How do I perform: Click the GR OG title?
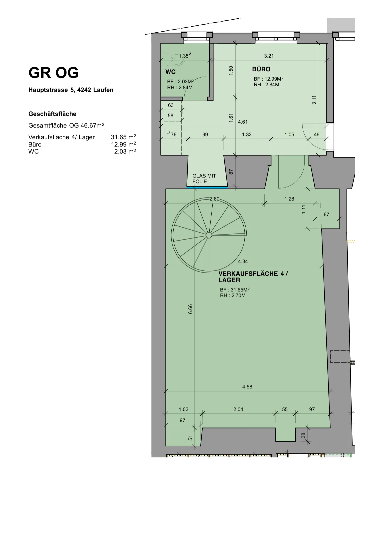point(54,73)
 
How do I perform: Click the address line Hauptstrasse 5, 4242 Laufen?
point(71,90)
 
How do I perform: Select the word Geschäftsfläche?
point(52,114)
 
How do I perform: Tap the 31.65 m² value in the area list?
point(123,137)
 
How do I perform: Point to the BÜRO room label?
point(261,69)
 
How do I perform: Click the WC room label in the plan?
point(171,72)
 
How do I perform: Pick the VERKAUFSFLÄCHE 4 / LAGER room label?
point(253,277)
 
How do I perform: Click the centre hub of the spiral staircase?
point(209,235)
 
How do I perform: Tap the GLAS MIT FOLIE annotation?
point(204,179)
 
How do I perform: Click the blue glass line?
point(207,188)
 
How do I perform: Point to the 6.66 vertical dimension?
point(190,309)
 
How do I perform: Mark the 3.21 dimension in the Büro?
point(269,56)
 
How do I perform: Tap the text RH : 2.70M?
point(233,295)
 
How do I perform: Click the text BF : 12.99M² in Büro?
point(268,79)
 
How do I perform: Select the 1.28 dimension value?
point(289,199)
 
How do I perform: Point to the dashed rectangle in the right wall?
point(340,356)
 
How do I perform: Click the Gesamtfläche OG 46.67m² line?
point(66,125)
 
